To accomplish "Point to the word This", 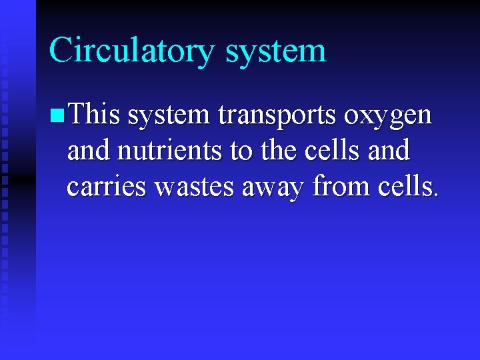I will (93, 115).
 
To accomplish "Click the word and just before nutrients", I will (89, 151).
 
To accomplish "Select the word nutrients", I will (171, 151).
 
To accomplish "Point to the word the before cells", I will (275, 151).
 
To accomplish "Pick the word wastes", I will (195, 187).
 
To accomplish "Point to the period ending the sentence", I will (436, 195).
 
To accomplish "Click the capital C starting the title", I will (61, 51).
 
